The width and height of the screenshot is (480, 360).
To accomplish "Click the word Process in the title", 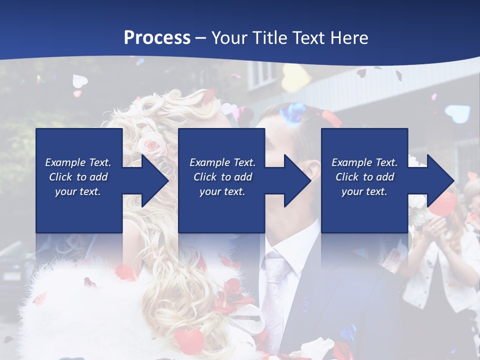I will tap(157, 37).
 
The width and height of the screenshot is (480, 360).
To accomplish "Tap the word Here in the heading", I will tap(350, 37).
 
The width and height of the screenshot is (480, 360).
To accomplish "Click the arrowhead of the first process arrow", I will tap(154, 180).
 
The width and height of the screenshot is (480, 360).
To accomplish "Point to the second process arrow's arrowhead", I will tap(297, 180).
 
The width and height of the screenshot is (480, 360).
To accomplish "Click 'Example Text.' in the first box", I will tap(78, 162).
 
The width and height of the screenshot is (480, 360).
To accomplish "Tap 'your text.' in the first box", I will tap(78, 191).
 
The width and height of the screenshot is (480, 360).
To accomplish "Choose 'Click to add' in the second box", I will tap(222, 177).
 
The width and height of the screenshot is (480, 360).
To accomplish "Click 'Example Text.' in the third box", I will tap(364, 162).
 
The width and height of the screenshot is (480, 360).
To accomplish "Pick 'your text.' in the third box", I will tap(364, 191).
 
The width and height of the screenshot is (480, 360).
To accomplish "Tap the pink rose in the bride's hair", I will tap(149, 145).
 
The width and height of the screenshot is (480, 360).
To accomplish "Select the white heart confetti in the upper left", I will tap(80, 80).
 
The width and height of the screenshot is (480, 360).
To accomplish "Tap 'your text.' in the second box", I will tap(222, 191).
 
